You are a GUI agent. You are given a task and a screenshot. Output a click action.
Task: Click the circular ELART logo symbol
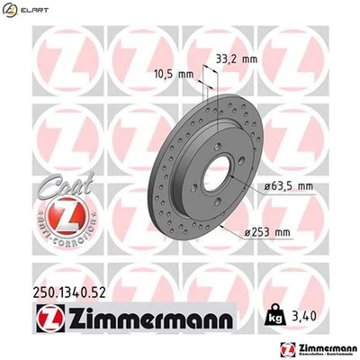(x=11, y=10)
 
